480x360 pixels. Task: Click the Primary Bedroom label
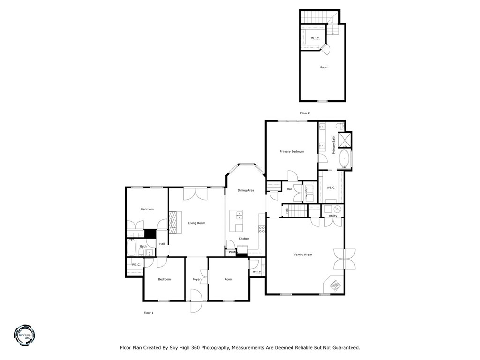[x=292, y=151]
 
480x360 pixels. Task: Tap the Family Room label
[x=303, y=255]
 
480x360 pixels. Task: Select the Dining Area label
[x=246, y=190]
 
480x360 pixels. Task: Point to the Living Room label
[x=196, y=223]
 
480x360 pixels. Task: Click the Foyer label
[x=196, y=279]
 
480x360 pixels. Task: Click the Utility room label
[x=333, y=216]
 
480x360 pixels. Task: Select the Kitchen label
[x=244, y=239]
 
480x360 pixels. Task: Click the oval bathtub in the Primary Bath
[x=345, y=159]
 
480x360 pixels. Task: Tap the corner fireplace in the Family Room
[x=336, y=285]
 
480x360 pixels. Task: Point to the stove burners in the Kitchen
[x=262, y=229]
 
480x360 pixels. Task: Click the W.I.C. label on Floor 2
[x=315, y=38]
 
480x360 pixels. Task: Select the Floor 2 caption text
[x=305, y=113]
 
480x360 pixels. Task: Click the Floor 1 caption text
[x=149, y=313]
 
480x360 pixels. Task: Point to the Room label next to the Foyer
[x=228, y=279]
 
